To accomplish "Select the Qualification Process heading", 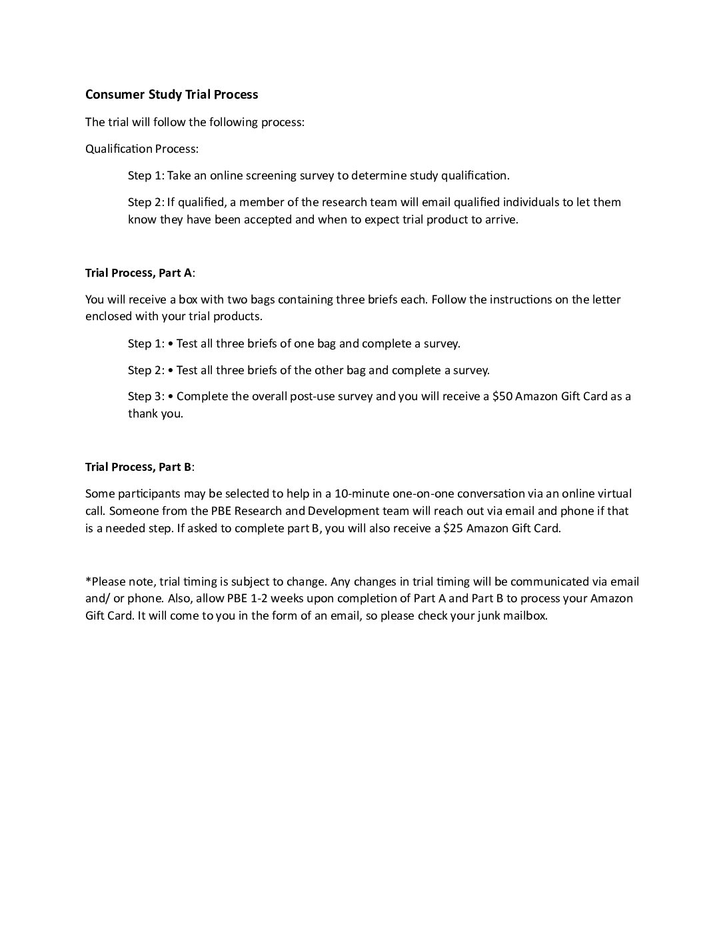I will click(x=141, y=149).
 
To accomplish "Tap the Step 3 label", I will click(x=145, y=396).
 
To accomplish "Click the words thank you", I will click(x=155, y=413).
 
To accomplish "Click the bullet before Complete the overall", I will click(x=171, y=396).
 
